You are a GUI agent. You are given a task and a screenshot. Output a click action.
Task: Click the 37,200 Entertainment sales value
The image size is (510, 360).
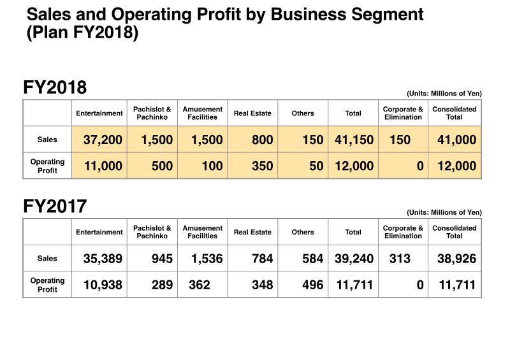(x=103, y=140)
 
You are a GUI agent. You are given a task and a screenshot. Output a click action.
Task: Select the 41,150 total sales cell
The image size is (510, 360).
(x=354, y=140)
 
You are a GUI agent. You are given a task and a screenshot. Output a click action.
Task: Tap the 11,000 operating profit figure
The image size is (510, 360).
(x=103, y=166)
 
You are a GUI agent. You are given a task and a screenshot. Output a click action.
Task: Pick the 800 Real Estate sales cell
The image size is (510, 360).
(x=262, y=140)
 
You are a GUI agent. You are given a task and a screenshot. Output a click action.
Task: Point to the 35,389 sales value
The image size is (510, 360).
(x=103, y=259)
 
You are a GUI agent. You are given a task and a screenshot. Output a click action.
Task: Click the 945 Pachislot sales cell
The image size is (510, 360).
(x=162, y=259)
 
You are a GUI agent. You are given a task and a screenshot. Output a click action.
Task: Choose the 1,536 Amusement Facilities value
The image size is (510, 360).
(x=207, y=259)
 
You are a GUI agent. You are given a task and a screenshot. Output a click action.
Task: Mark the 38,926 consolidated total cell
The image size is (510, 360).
(x=456, y=259)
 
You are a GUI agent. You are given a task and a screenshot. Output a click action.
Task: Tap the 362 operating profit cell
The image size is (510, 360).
(x=200, y=285)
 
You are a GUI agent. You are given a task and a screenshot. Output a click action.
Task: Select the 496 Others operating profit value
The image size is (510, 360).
(x=312, y=285)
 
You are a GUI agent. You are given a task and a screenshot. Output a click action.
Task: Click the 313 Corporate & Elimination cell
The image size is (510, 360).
(x=400, y=259)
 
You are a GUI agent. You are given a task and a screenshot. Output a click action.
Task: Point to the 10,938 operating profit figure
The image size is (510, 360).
(x=103, y=285)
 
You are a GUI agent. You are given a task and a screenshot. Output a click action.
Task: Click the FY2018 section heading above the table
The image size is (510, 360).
(x=55, y=87)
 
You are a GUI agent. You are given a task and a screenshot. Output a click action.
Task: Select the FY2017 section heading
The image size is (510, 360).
(x=55, y=206)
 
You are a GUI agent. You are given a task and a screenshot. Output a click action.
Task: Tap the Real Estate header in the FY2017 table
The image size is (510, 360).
(x=252, y=232)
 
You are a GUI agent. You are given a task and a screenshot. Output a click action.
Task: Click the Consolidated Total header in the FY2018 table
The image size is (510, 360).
(x=455, y=113)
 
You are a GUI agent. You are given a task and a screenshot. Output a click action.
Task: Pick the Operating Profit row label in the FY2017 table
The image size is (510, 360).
(x=47, y=285)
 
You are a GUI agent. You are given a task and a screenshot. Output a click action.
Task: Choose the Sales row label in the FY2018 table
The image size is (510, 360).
(x=47, y=140)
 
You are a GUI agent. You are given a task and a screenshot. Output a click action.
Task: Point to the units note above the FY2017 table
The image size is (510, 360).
(x=444, y=212)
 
